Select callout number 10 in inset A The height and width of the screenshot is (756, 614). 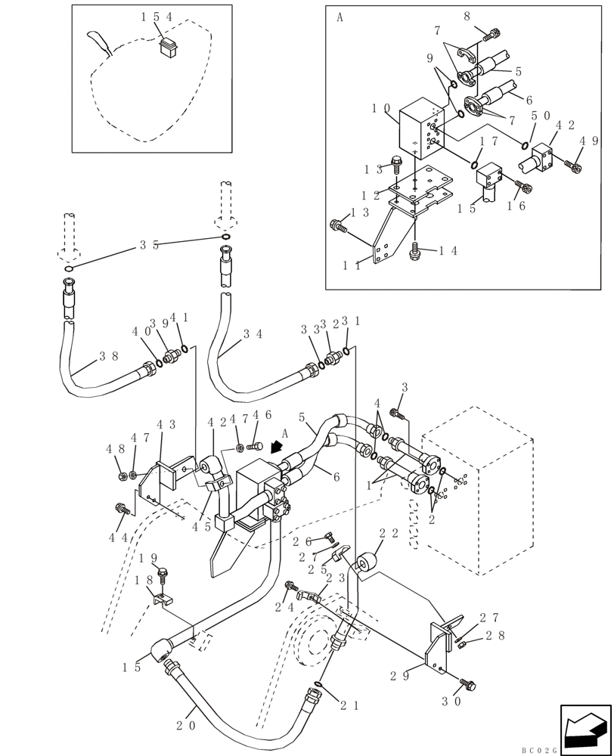click(x=380, y=110)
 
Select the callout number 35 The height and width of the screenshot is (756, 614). click(x=148, y=245)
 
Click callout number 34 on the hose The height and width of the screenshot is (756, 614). click(x=253, y=333)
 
